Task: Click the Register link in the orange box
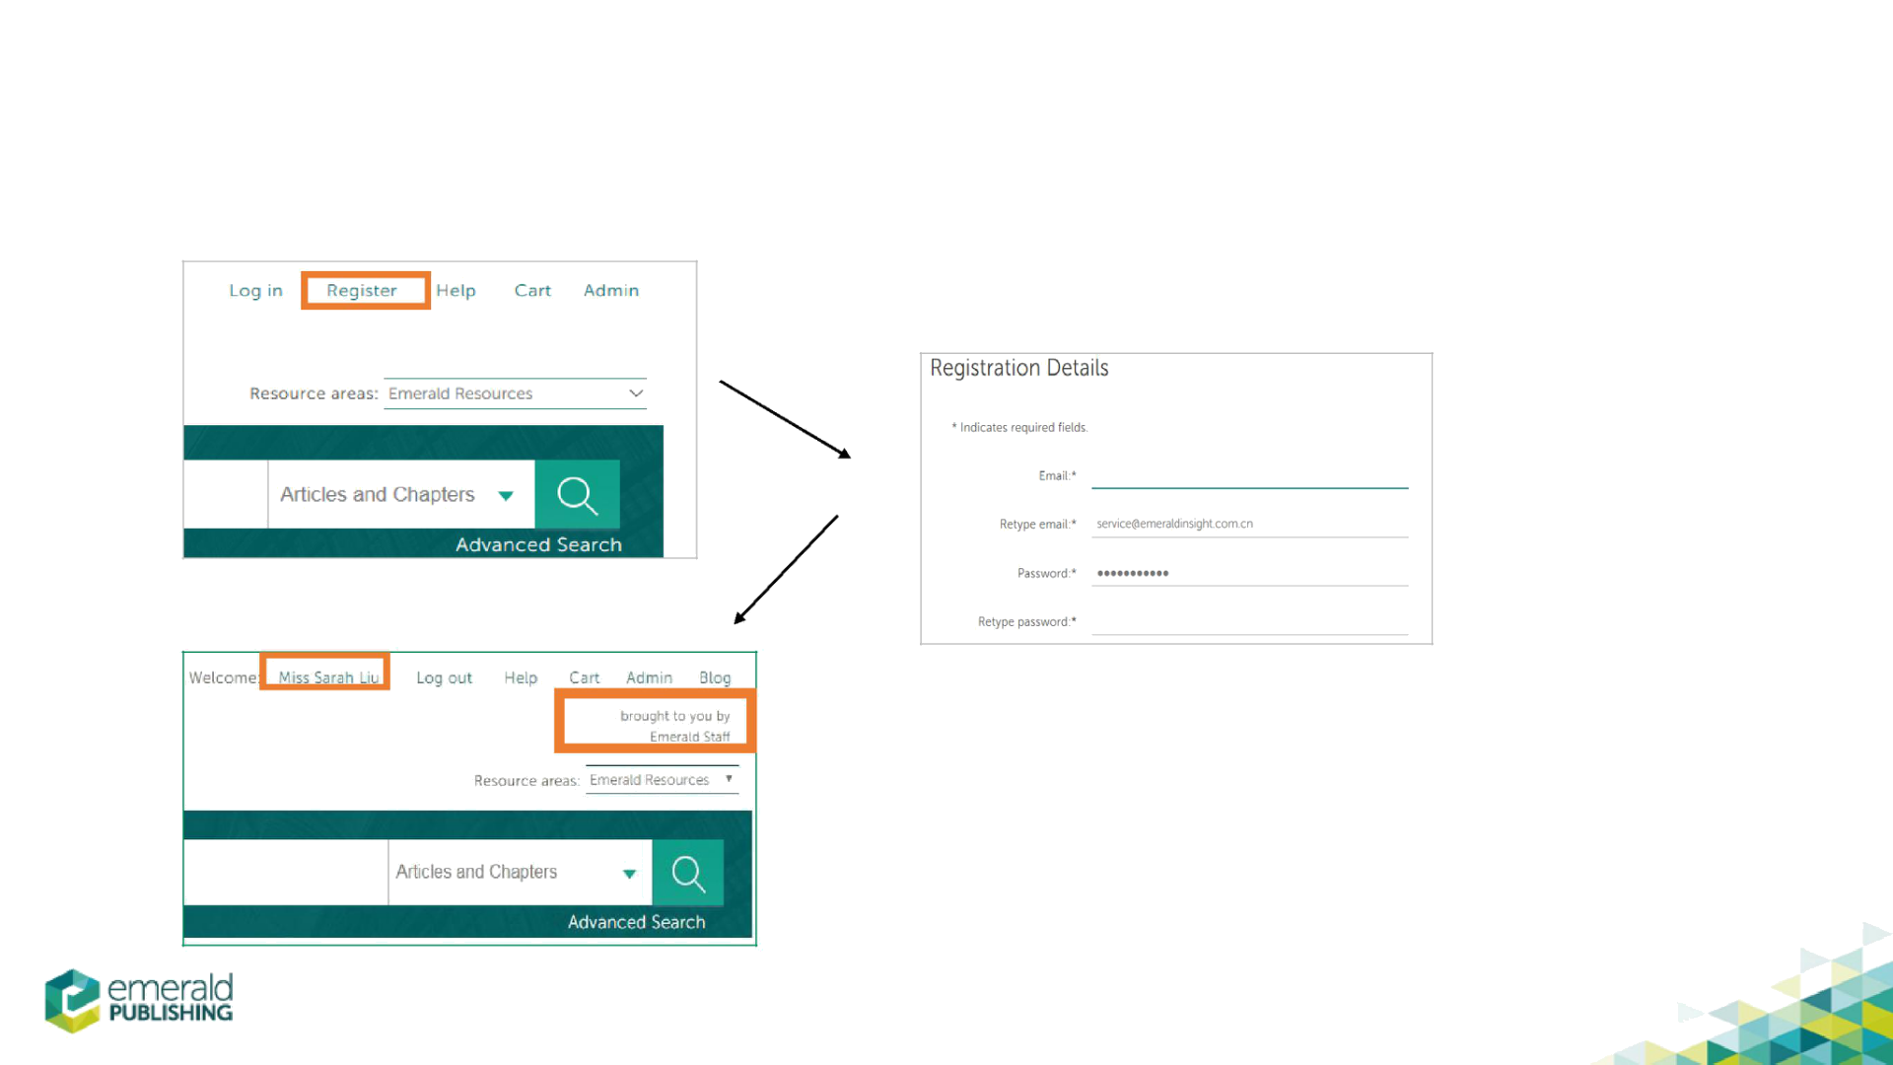[x=362, y=291]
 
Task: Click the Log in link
[x=255, y=291]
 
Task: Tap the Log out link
[x=444, y=677]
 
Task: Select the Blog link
[x=715, y=677]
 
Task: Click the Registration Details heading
[x=1018, y=368]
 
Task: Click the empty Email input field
[x=1249, y=476]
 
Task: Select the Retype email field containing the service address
[x=1249, y=524]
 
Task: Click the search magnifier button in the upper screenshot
[x=577, y=495]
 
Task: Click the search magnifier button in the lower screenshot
[x=687, y=873]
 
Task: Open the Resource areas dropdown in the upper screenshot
[x=515, y=393]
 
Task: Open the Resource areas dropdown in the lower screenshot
[x=662, y=780]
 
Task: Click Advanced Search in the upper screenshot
[x=538, y=544]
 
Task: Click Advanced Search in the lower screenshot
[x=636, y=922]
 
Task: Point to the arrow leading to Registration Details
[x=785, y=420]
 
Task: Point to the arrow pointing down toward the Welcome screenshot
[x=786, y=569]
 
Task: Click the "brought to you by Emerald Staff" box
[x=655, y=724]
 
